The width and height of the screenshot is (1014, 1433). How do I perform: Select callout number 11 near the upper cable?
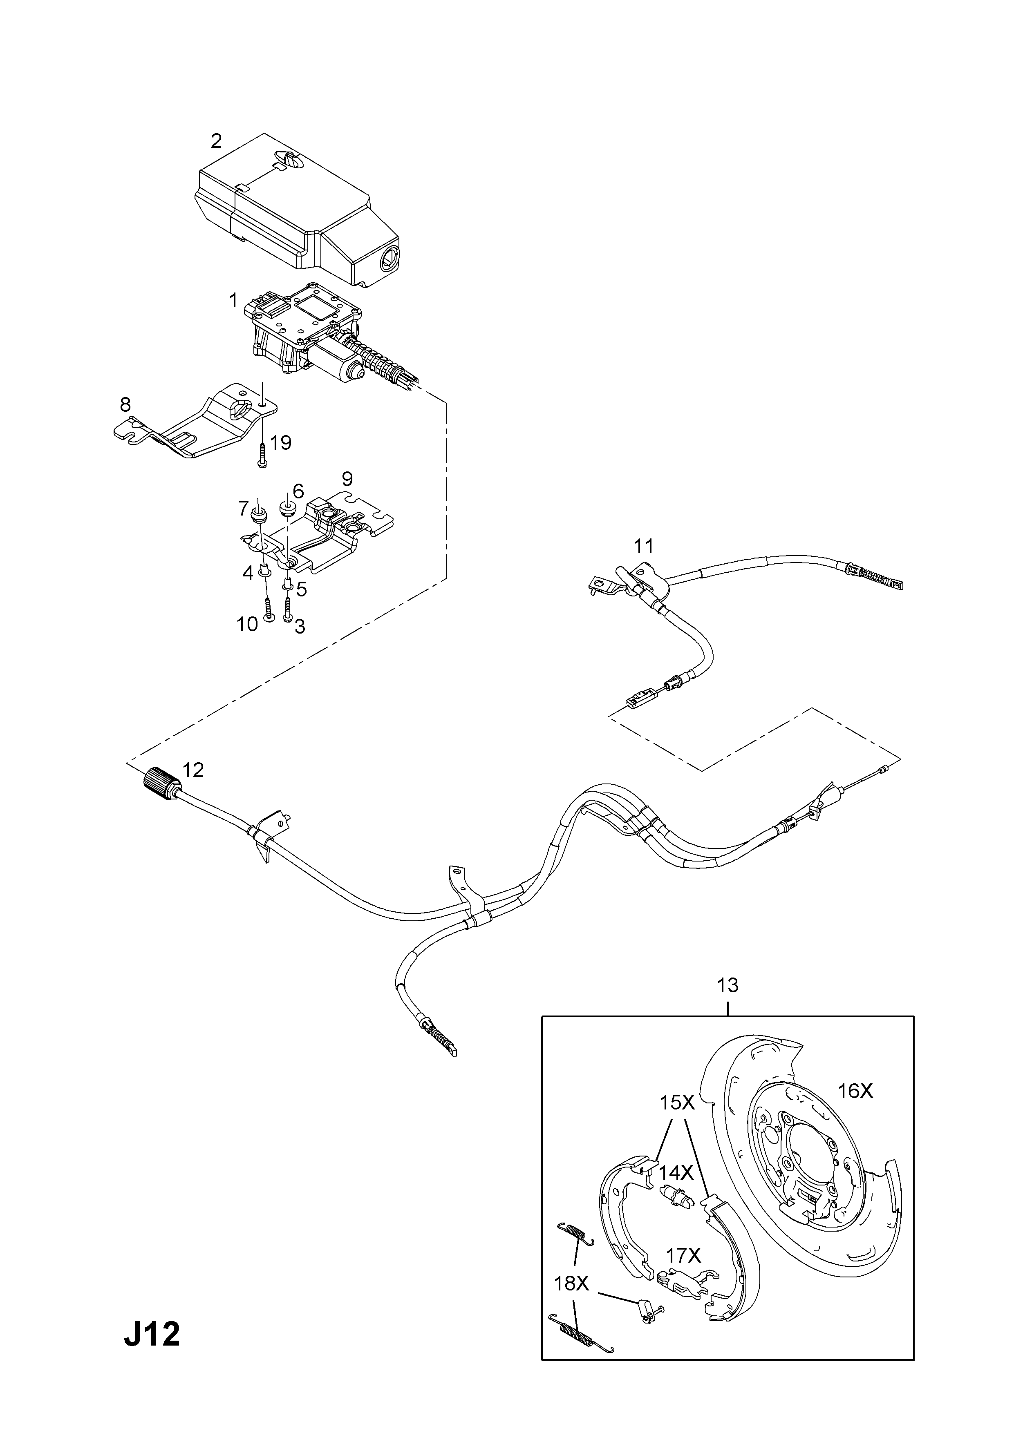click(x=643, y=546)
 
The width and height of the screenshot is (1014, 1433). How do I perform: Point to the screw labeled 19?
click(x=261, y=454)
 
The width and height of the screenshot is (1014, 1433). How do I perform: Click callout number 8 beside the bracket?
click(x=125, y=405)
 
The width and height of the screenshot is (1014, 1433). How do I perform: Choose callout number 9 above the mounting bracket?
click(x=347, y=479)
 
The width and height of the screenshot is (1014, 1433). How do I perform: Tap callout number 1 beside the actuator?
click(x=233, y=301)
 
